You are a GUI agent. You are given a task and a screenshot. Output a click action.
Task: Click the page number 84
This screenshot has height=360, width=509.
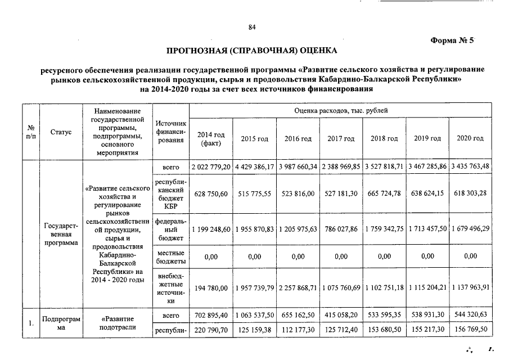point(252,28)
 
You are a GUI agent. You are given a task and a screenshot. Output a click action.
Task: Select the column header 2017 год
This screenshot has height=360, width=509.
point(341,138)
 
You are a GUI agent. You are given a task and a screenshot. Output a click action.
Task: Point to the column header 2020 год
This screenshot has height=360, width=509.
point(470,138)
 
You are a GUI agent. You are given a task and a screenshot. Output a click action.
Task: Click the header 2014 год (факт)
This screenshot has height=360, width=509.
point(211,138)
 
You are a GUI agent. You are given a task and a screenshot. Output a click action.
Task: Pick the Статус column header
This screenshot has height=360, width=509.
point(61,132)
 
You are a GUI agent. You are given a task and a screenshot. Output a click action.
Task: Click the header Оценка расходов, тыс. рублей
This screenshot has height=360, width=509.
point(341,111)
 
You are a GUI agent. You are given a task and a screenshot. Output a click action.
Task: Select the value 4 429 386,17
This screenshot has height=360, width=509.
point(254,167)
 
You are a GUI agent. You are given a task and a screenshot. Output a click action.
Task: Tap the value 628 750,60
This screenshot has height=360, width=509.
point(211,194)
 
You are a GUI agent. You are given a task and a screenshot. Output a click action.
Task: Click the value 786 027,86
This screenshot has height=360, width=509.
point(341,229)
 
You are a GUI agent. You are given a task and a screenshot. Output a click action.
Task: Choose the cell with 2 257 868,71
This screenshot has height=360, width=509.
point(298,288)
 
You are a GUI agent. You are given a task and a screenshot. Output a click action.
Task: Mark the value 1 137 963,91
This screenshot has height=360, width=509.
point(470,288)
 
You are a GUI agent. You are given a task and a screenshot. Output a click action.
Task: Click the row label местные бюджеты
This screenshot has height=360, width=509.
point(170,256)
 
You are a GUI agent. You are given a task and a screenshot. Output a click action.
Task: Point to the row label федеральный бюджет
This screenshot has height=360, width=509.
point(170,229)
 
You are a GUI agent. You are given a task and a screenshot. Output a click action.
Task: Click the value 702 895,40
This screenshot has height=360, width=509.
point(211,315)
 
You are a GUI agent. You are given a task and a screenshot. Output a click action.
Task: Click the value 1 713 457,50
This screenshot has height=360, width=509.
point(427,229)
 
